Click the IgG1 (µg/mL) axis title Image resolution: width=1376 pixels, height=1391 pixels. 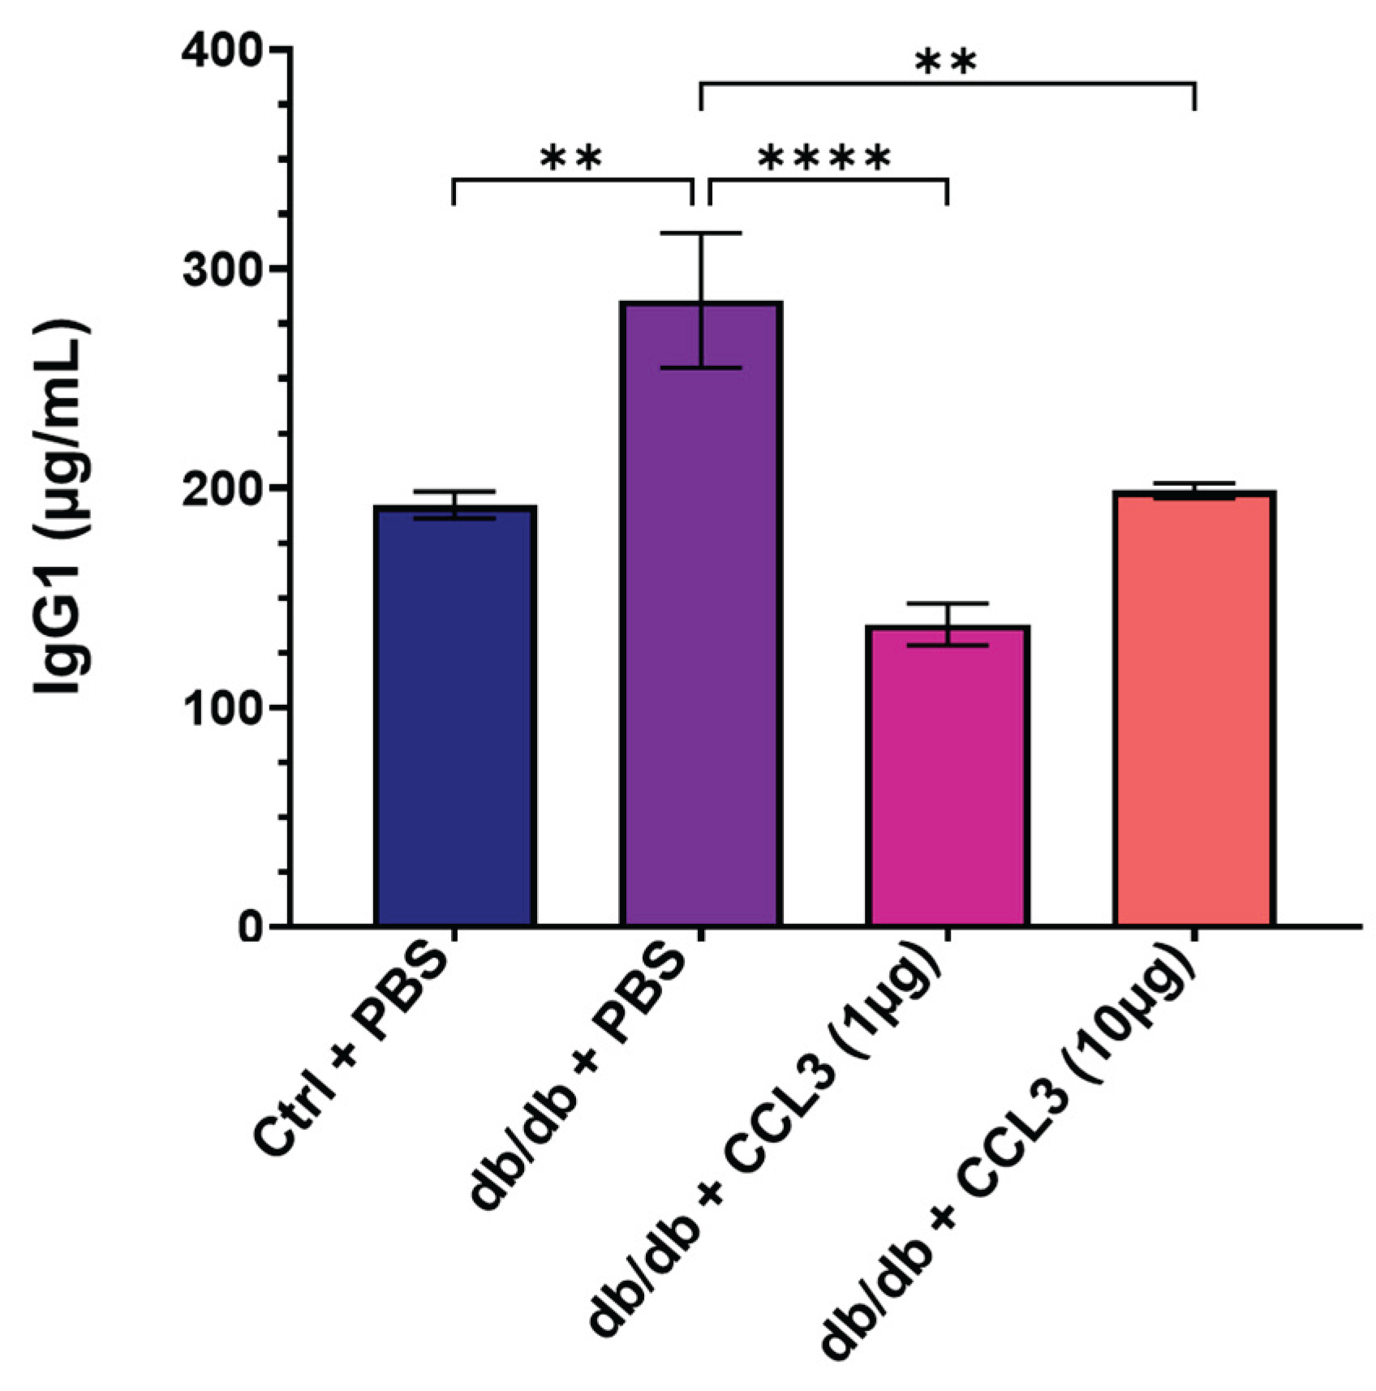click(x=63, y=507)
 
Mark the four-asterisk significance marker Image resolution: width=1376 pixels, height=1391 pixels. click(x=824, y=158)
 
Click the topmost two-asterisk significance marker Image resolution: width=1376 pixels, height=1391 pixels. click(x=946, y=62)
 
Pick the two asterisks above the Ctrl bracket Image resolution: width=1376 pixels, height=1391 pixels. click(x=571, y=158)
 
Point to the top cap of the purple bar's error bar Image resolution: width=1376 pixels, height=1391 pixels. click(x=701, y=234)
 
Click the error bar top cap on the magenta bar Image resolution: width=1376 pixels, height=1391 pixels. click(x=947, y=603)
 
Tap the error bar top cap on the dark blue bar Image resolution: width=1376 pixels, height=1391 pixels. click(x=454, y=492)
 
